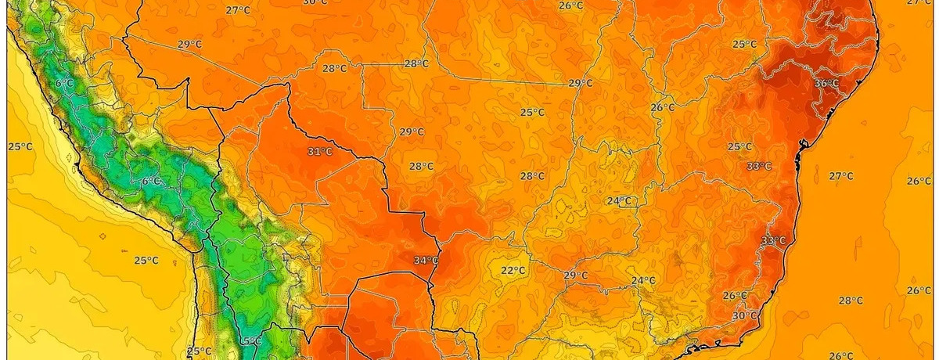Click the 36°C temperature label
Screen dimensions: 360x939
(826, 83)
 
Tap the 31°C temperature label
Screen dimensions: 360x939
(319, 152)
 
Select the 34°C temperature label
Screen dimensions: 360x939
(426, 261)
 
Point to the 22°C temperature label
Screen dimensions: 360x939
(513, 271)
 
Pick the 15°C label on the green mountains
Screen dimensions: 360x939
(250, 341)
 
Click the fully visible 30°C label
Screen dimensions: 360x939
(745, 315)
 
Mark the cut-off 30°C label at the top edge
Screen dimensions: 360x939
(315, 2)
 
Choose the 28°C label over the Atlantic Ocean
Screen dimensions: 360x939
(851, 301)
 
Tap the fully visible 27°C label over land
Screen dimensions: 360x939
(237, 10)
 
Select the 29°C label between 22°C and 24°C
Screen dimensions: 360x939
(575, 275)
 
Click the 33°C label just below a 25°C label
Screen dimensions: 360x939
(759, 166)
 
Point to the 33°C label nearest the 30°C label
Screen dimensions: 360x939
(773, 240)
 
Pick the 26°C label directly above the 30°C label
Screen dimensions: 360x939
(735, 295)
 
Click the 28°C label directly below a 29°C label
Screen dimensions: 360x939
(421, 166)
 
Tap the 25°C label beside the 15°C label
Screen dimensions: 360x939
(199, 351)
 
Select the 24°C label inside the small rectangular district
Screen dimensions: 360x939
(619, 200)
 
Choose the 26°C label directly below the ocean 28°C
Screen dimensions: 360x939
(841, 355)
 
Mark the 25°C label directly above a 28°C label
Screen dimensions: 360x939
(532, 113)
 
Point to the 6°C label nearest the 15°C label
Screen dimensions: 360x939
(151, 181)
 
